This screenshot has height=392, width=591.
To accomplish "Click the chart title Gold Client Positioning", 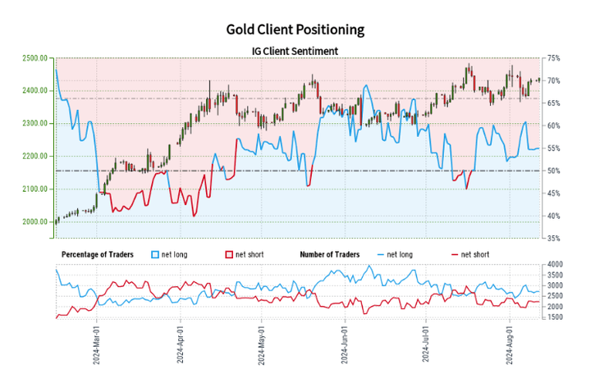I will tap(295, 30).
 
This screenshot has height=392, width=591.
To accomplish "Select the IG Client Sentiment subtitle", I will tap(295, 51).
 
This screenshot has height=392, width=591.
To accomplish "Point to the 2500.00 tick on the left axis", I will tap(33, 58).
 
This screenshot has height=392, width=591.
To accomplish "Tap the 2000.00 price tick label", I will tap(33, 221).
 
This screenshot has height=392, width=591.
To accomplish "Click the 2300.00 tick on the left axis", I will tap(33, 124).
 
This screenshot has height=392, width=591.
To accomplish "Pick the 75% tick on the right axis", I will tap(554, 58).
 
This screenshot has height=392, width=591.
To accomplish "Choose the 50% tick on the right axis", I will tap(554, 171).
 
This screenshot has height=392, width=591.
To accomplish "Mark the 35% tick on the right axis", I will tap(554, 239).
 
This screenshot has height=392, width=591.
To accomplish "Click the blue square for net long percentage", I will tap(155, 254).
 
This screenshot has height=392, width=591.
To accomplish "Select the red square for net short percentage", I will tap(227, 254).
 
